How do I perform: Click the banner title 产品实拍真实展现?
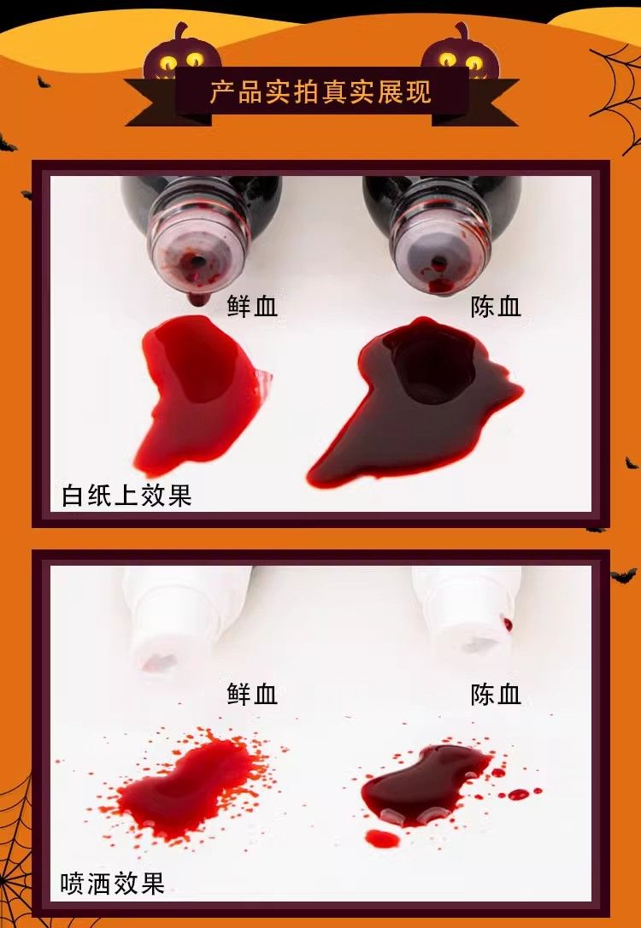coord(320,92)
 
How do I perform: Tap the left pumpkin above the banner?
coord(182,53)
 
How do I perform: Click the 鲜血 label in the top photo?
coord(252,307)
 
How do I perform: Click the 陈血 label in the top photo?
coord(496,307)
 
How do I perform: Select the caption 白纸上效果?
coord(126,495)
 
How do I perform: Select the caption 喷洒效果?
coord(112,884)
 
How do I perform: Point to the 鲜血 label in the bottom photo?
coord(252,694)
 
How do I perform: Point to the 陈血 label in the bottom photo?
coord(496,694)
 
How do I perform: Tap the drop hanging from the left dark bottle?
coord(196,299)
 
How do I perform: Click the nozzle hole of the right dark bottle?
coord(438,261)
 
